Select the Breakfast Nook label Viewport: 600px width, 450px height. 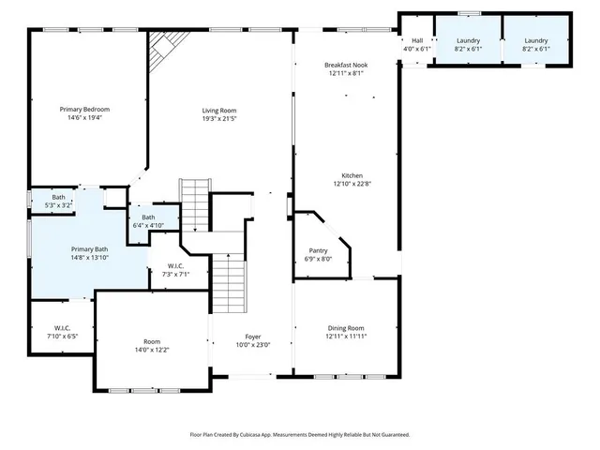pyautogui.click(x=344, y=65)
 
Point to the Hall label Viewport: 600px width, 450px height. pyautogui.click(x=416, y=41)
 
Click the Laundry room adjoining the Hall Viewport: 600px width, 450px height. pyautogui.click(x=468, y=45)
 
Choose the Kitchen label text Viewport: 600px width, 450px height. pyautogui.click(x=352, y=175)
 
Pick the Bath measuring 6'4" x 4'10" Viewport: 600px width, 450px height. pyautogui.click(x=148, y=218)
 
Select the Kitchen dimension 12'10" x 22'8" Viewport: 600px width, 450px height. pyautogui.click(x=352, y=184)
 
